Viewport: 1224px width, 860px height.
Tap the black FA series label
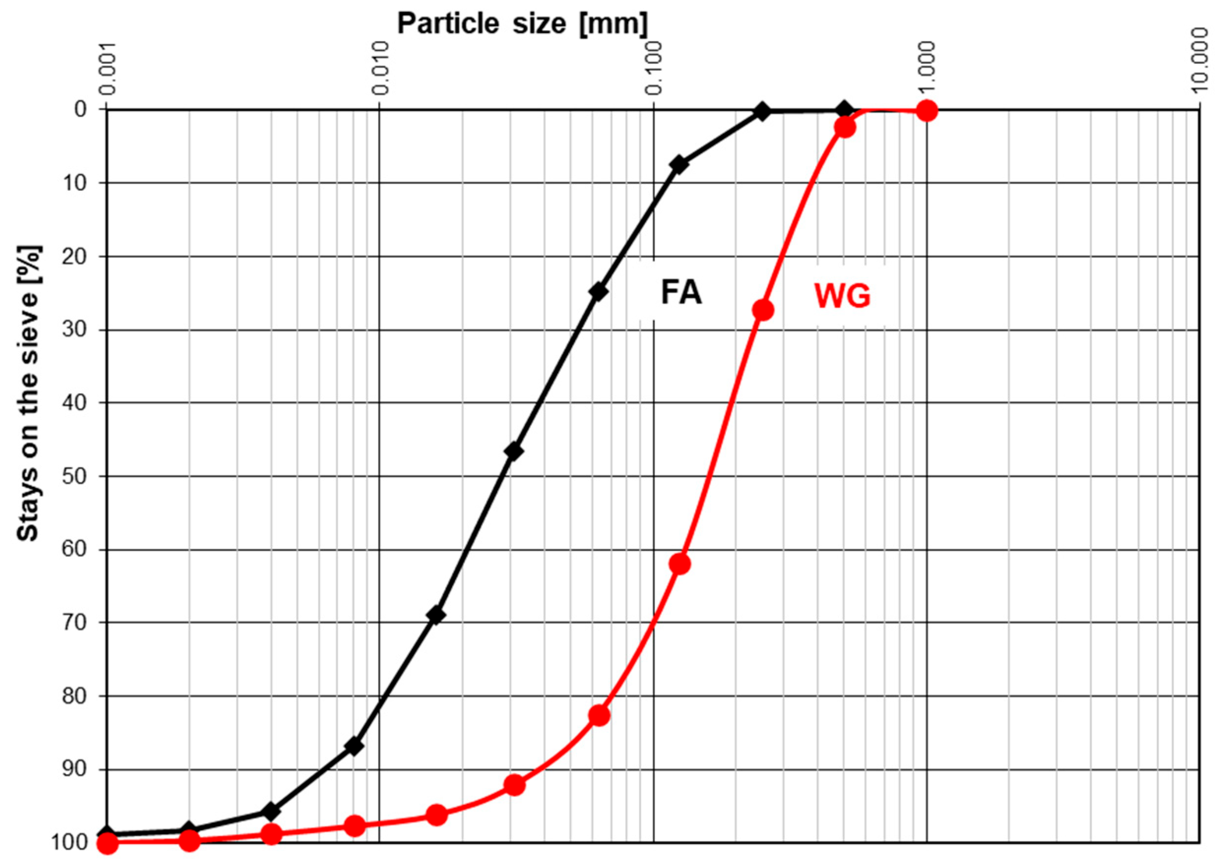coord(681,293)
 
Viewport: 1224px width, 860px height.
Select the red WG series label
coord(842,296)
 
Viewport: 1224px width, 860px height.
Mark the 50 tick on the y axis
coord(72,476)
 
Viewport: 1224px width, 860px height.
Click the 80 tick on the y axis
coord(72,696)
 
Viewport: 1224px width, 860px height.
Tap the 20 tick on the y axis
coord(72,256)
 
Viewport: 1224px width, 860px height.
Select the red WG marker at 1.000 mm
coord(927,111)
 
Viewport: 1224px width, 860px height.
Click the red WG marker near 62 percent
coord(680,564)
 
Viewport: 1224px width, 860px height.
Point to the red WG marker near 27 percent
coord(763,309)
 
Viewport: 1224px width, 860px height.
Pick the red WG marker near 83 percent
coord(599,716)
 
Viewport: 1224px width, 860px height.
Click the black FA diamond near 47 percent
coord(513,451)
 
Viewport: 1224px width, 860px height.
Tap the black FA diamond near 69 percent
coord(436,615)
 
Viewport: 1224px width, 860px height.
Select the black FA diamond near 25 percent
coord(598,291)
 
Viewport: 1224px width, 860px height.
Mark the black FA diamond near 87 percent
coord(354,746)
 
